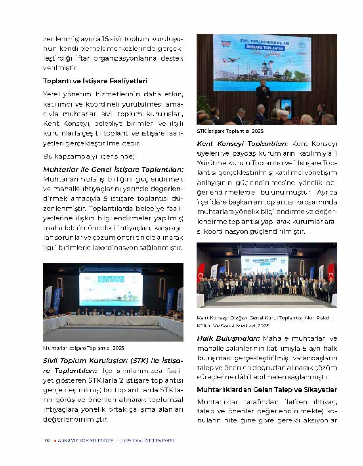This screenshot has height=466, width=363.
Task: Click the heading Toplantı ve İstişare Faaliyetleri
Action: [x=95, y=81]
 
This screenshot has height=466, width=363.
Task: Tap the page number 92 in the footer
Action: [x=48, y=441]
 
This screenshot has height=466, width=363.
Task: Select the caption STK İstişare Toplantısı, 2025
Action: [x=230, y=131]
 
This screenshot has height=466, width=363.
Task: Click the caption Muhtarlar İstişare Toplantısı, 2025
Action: [x=83, y=348]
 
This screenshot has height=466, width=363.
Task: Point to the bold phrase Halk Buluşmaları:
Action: [x=228, y=338]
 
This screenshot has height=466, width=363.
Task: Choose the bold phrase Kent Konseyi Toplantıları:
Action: [x=242, y=144]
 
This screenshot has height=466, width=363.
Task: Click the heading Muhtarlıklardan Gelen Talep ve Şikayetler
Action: [x=267, y=390]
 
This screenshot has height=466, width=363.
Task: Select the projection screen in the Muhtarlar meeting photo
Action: [x=111, y=289]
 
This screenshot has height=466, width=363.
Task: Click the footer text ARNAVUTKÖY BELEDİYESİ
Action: [x=86, y=441]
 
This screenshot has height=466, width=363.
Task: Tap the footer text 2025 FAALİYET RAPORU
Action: [x=148, y=441]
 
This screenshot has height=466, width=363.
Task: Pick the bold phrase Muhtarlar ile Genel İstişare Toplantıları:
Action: [x=113, y=170]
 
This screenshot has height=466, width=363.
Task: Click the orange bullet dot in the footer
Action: [x=55, y=441]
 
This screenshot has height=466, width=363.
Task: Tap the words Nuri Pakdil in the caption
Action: [x=318, y=318]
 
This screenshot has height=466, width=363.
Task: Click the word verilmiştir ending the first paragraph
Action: [x=60, y=68]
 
